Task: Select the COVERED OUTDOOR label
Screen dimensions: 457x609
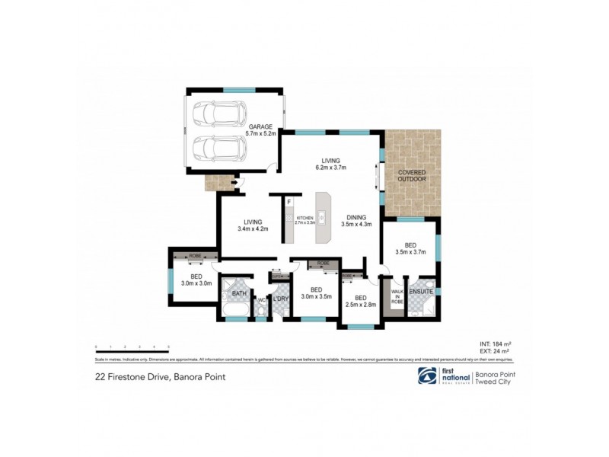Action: (x=412, y=176)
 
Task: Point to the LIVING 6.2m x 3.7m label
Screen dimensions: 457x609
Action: (x=330, y=164)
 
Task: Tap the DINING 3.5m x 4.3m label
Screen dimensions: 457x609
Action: (x=356, y=221)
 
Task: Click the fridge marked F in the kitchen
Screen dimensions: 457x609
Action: (x=289, y=203)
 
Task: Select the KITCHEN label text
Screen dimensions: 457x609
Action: (x=304, y=221)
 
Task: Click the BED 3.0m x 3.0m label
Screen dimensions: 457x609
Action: (x=196, y=280)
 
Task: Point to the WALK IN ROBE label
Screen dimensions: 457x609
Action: (x=397, y=296)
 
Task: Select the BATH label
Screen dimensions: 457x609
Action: (x=238, y=293)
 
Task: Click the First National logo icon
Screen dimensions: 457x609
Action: (x=427, y=376)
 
